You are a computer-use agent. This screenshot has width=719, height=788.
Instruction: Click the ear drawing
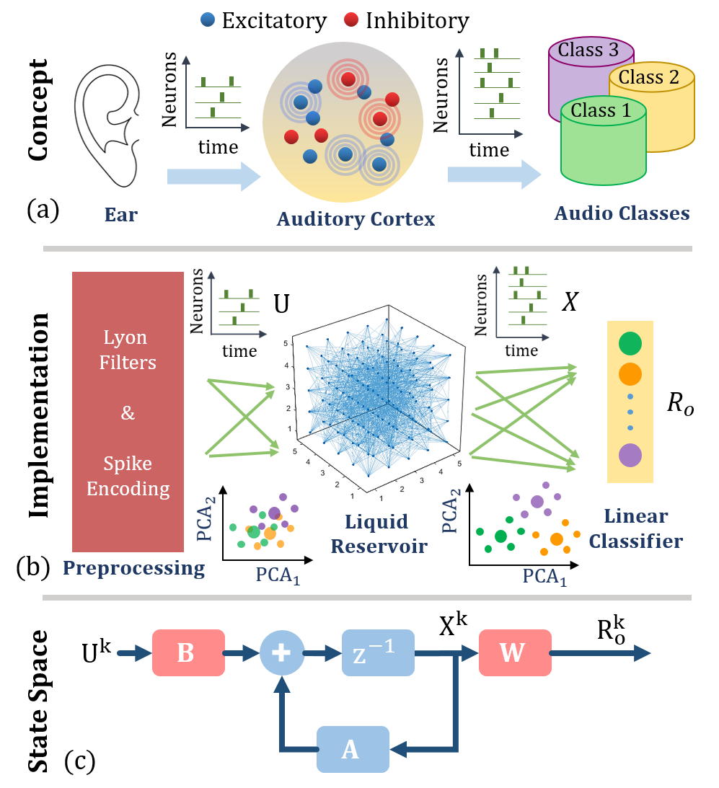tap(105, 123)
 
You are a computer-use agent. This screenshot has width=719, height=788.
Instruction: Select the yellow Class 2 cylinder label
tap(648, 77)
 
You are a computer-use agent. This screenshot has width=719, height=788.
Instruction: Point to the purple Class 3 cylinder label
tap(588, 50)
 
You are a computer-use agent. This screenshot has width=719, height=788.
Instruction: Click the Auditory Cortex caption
tap(356, 218)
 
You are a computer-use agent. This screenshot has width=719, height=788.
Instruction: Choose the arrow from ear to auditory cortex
tap(213, 177)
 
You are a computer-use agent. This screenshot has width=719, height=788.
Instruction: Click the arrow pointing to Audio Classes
tap(494, 174)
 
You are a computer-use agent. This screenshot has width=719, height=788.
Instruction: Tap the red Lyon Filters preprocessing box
tap(128, 412)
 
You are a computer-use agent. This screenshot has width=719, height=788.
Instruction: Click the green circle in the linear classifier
tap(630, 344)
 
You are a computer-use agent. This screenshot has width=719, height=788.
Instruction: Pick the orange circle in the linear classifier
tap(630, 373)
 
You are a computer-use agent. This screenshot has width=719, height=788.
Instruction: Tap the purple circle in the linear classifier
tap(630, 456)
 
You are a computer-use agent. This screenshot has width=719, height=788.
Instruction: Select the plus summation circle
tap(281, 652)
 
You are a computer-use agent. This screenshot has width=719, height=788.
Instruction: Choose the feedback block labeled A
tap(353, 749)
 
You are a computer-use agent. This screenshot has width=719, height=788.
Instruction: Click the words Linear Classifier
tap(635, 528)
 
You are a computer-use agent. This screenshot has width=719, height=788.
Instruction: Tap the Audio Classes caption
tap(622, 213)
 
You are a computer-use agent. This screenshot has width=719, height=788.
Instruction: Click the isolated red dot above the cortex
tap(351, 19)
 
